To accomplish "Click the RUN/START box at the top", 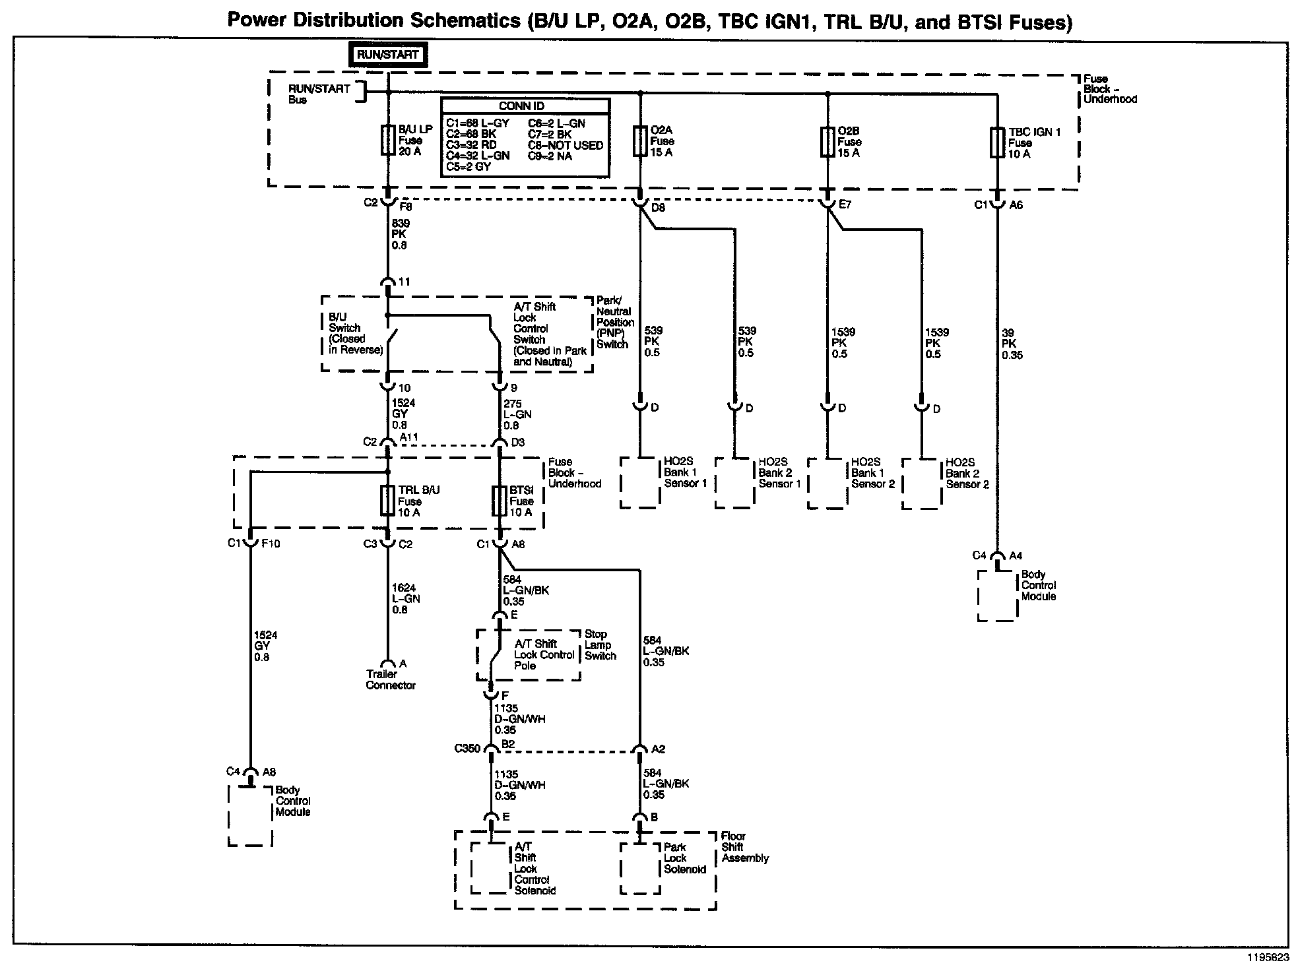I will coord(388,55).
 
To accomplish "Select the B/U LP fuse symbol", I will coord(388,141).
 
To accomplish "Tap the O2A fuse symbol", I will coord(639,141).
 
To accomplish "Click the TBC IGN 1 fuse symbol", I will coord(997,143).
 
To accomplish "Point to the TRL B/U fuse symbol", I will coord(388,501).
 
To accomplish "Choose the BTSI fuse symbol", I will coord(500,501).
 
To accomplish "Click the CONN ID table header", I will coord(525,106).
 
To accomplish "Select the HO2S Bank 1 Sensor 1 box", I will coord(640,484).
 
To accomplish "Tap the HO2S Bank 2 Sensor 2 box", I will coord(922,484).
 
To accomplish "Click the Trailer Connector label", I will coord(391,680).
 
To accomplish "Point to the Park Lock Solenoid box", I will coord(641,868).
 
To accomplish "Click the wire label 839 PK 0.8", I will coord(399,234).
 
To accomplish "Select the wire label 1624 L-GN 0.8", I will coord(405,599).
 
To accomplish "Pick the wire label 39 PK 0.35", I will coord(1011,344).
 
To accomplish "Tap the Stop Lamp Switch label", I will coord(600,645).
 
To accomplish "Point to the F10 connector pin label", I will coord(271,544).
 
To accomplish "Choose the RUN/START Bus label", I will coord(319,94).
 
